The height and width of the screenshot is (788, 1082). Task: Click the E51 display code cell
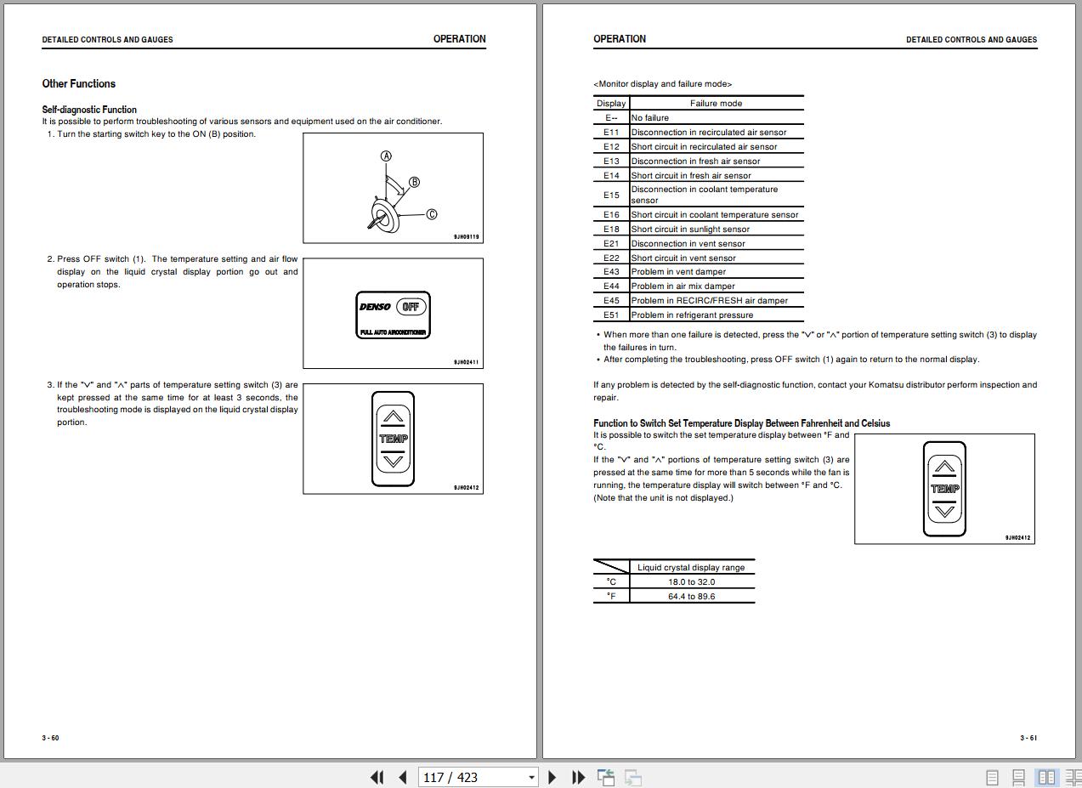pos(611,315)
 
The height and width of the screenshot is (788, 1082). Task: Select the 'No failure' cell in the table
pos(649,118)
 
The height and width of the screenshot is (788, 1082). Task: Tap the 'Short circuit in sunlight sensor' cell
pos(690,230)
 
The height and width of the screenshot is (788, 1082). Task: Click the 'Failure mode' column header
pos(716,104)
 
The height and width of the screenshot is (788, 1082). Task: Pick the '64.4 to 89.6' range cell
pos(691,597)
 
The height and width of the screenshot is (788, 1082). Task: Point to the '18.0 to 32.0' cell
pos(691,582)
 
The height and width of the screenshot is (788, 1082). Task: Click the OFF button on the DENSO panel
pos(411,307)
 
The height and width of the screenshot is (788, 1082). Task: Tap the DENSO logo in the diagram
pos(375,307)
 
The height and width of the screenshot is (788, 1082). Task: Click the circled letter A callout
pos(386,156)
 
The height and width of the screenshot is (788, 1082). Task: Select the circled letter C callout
pos(431,214)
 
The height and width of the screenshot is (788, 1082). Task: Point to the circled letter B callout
pos(414,182)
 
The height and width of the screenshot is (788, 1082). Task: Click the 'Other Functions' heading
pos(78,83)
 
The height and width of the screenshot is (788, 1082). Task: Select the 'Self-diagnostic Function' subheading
pos(89,110)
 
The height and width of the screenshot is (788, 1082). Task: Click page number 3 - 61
pos(1028,738)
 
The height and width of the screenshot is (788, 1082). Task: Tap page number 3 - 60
pos(51,738)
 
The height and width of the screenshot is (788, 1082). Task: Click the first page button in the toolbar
pos(377,777)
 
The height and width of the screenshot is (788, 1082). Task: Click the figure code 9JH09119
pos(466,237)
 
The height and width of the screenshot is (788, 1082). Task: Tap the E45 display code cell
pos(611,301)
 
